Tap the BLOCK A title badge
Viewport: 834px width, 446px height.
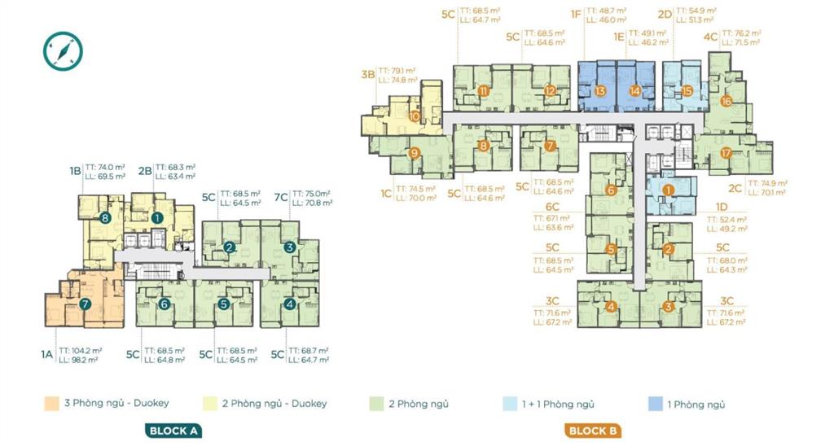[x=173, y=431]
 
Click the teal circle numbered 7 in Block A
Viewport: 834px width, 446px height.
[x=85, y=304]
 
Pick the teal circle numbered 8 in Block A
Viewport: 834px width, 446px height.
[x=104, y=217]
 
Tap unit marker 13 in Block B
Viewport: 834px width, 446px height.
[x=600, y=91]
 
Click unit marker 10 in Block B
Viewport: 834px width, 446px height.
[x=415, y=116]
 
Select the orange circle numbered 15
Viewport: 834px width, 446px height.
[x=687, y=91]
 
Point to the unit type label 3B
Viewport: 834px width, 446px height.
[x=368, y=74]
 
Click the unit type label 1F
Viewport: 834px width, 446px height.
[x=575, y=14]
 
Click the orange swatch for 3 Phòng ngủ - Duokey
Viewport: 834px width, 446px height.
[x=52, y=403]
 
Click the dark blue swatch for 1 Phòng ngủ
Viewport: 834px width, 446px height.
[x=654, y=403]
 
